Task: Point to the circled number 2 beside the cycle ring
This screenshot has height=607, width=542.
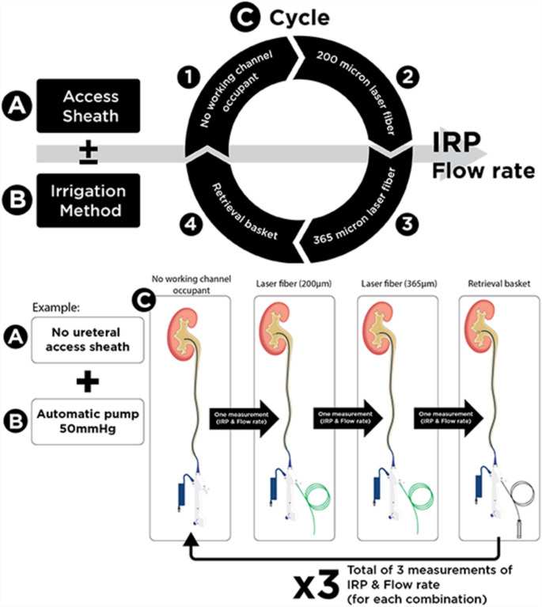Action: (x=409, y=79)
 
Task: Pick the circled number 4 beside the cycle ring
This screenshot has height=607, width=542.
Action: (x=189, y=222)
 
